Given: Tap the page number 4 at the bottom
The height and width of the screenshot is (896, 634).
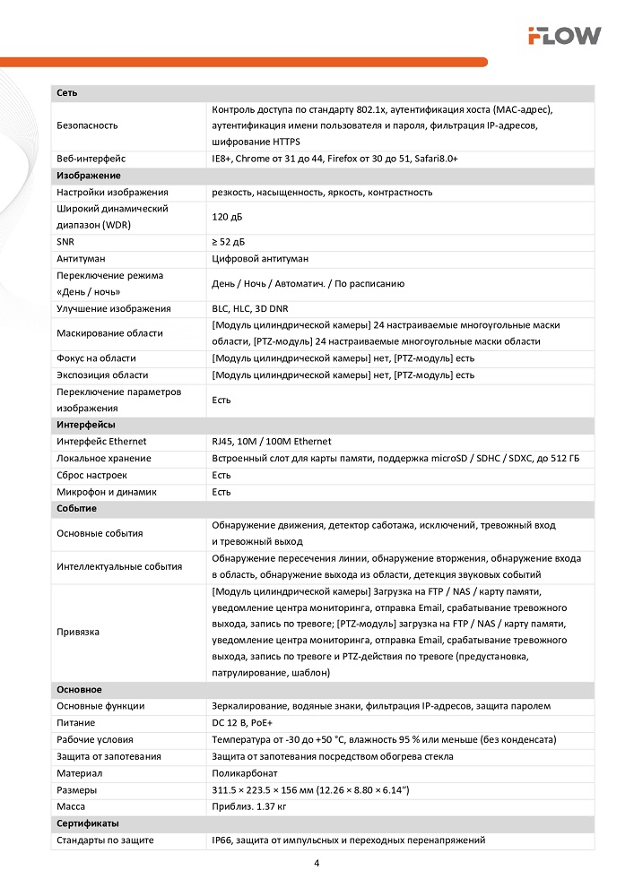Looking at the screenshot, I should (x=317, y=864).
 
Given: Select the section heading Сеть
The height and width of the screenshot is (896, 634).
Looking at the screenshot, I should (x=66, y=93).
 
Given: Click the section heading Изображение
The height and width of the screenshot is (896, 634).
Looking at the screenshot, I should (x=88, y=176).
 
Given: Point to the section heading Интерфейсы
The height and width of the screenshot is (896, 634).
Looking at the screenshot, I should (x=85, y=425).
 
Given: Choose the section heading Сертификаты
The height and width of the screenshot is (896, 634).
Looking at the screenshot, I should (x=87, y=823).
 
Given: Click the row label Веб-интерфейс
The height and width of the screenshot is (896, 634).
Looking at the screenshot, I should (x=91, y=159).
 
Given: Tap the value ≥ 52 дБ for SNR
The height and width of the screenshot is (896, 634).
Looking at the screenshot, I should (x=228, y=242).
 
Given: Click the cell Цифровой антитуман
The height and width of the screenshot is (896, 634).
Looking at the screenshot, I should (x=260, y=259).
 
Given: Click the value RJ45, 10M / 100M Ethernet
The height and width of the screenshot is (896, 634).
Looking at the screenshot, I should (x=271, y=442).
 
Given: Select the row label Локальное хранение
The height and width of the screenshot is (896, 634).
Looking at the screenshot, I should (x=103, y=459).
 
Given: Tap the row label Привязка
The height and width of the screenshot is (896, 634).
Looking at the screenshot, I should (x=78, y=632).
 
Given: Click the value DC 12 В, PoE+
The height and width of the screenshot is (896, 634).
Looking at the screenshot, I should (x=245, y=723).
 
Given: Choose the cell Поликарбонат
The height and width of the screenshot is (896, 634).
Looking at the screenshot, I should (x=245, y=773).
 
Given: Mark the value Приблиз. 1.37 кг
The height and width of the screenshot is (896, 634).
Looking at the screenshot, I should (x=248, y=806).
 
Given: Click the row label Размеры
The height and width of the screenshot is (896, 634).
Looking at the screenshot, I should (x=76, y=790).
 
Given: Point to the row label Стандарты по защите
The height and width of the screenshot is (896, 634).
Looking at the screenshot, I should (x=105, y=840).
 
